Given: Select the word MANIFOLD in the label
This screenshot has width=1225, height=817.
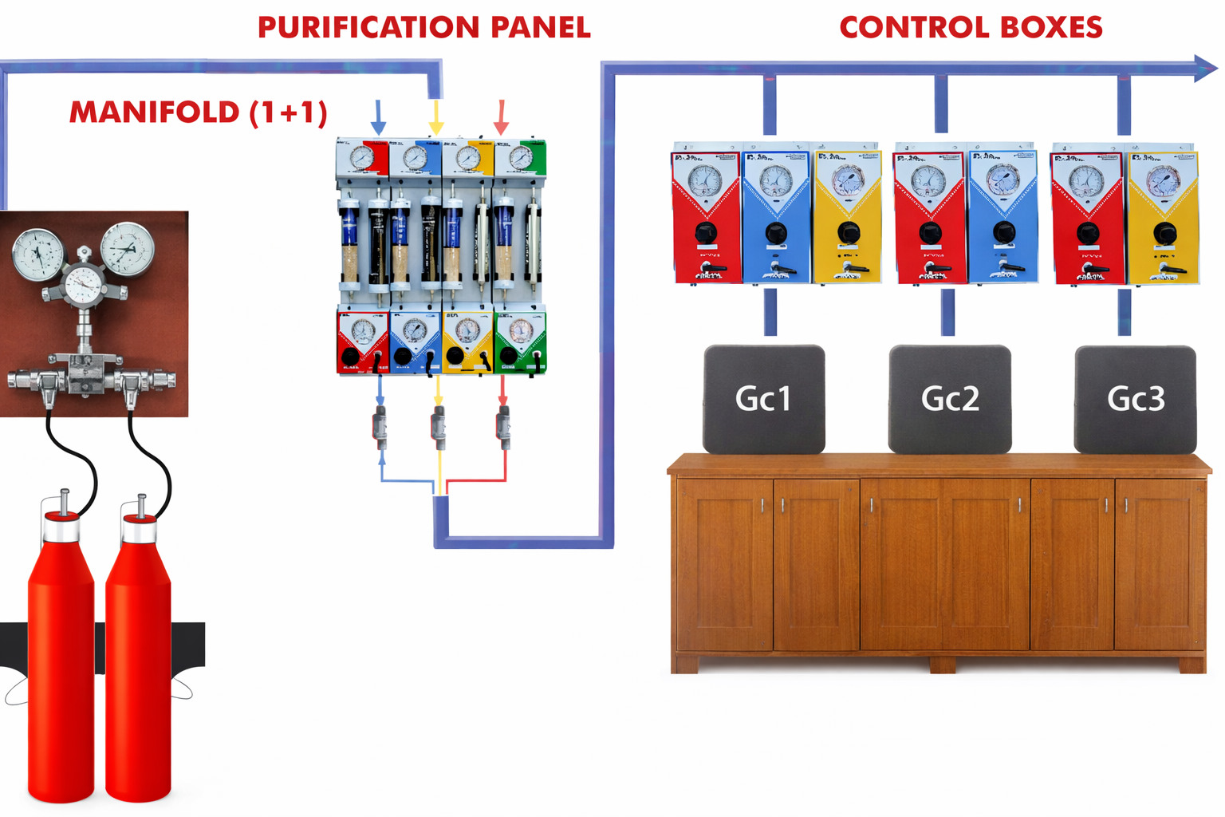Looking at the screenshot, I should click(x=154, y=112).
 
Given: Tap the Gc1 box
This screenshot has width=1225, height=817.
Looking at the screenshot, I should click(x=763, y=398).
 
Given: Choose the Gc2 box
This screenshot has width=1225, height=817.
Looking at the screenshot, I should click(x=950, y=398).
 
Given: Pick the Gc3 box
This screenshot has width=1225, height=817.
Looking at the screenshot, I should click(x=1135, y=398).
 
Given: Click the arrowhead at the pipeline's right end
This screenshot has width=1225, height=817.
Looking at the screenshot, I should click(x=1206, y=69).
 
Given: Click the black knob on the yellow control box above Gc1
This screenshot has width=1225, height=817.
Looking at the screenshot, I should click(x=848, y=233).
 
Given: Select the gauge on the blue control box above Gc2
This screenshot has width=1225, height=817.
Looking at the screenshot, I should click(x=1002, y=180).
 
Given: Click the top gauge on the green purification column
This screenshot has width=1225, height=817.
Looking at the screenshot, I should click(x=521, y=157).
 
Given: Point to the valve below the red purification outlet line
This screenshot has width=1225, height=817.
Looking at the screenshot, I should click(x=503, y=427).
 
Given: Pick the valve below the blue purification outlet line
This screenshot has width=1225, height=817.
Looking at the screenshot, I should click(x=380, y=427).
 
